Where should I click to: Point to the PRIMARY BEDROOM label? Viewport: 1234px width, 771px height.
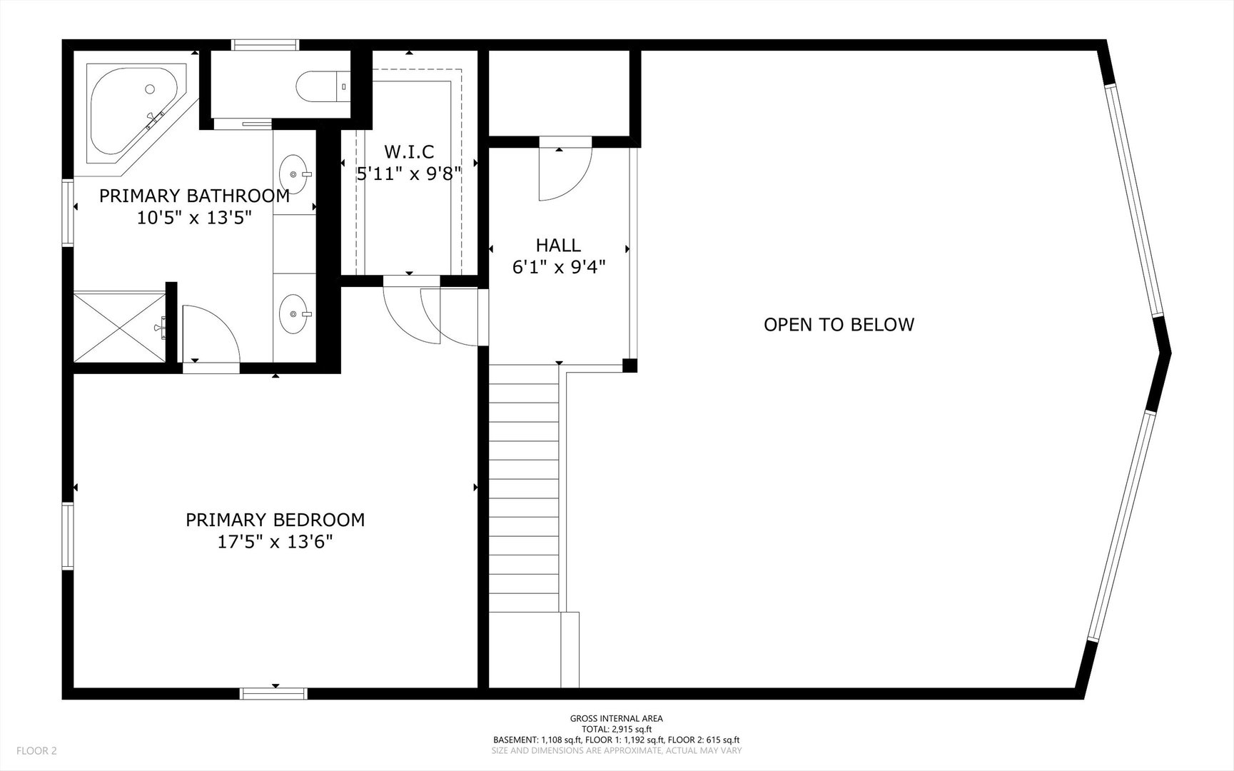click(275, 520)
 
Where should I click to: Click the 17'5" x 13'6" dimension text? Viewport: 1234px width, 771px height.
click(275, 543)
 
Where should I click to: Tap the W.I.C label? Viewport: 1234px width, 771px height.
click(409, 151)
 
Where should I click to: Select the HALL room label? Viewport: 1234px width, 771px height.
click(558, 246)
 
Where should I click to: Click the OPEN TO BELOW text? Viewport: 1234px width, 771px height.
click(839, 325)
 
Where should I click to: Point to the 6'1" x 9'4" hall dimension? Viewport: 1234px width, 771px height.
click(559, 268)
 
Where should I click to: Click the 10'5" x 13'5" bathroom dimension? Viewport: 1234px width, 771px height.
click(195, 218)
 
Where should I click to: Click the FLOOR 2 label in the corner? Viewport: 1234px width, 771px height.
click(36, 751)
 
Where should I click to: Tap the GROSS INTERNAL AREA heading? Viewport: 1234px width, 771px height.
click(616, 719)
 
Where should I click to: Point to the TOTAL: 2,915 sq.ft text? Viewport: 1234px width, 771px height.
click(616, 730)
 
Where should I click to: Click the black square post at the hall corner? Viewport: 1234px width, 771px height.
click(629, 366)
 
